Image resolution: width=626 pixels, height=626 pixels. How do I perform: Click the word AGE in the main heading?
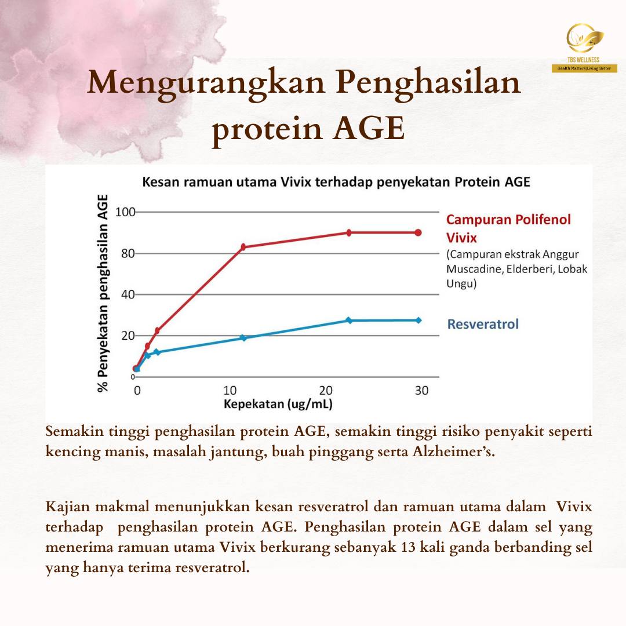(x=369, y=129)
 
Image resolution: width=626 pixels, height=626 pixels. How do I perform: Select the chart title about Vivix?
(x=336, y=182)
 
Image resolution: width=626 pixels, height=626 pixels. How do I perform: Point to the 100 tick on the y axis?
(x=125, y=212)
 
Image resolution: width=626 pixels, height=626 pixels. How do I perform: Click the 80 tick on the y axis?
(x=128, y=253)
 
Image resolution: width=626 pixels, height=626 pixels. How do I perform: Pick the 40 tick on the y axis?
(x=128, y=294)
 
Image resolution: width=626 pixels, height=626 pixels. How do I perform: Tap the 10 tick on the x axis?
(x=230, y=390)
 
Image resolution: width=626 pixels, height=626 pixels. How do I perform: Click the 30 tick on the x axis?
(x=421, y=390)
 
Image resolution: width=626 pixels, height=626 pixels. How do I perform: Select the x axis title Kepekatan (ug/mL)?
(x=278, y=404)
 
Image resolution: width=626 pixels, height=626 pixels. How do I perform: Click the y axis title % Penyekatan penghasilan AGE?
(x=103, y=293)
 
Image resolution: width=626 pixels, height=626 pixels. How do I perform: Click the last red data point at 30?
(x=418, y=233)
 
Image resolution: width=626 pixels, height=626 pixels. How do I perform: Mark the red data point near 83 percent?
(x=243, y=247)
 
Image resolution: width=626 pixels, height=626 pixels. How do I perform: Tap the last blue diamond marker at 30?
(x=418, y=320)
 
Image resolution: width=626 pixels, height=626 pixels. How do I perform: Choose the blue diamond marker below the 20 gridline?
(x=243, y=338)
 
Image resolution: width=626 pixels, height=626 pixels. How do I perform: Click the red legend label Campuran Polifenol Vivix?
(x=508, y=228)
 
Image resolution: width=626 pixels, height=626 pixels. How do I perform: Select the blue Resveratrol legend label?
(x=483, y=324)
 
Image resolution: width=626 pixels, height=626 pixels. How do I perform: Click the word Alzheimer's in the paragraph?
(x=454, y=452)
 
